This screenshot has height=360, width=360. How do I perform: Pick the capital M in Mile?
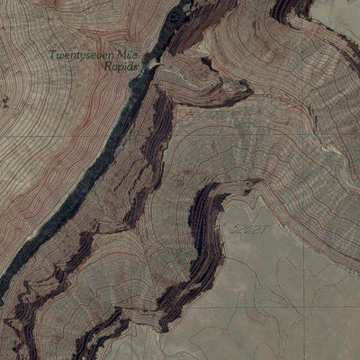(121, 55)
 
